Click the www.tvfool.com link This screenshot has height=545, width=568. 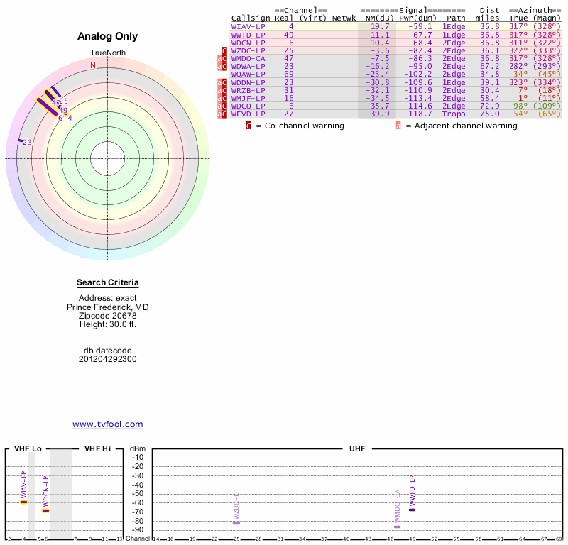(x=108, y=424)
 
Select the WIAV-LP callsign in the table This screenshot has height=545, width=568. (x=248, y=26)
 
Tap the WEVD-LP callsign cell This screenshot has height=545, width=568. (x=248, y=114)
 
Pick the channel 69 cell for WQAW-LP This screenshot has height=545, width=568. (x=288, y=74)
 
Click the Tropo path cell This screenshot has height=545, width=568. (x=454, y=114)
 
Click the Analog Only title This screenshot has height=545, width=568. (x=108, y=37)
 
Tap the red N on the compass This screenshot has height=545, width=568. (x=92, y=65)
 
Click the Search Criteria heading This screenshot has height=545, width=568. (x=108, y=283)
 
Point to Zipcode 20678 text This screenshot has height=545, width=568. (x=108, y=316)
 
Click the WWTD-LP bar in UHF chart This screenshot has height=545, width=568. (x=412, y=510)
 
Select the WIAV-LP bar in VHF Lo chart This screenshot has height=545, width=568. (x=23, y=502)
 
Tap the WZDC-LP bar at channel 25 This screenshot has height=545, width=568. (x=236, y=522)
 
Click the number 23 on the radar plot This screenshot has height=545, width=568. (x=28, y=143)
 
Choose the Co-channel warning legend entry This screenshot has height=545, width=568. (x=298, y=126)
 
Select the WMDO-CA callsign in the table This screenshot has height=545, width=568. (x=248, y=58)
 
